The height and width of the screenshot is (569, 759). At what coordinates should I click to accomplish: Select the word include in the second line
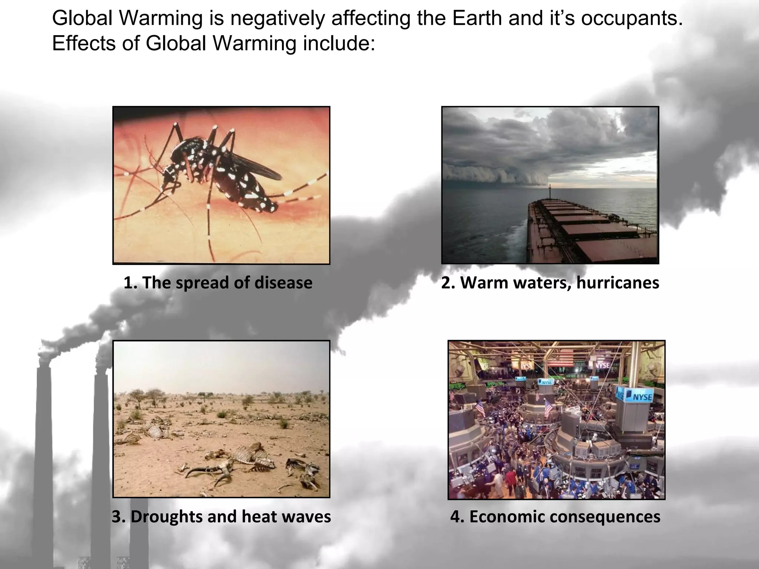339,43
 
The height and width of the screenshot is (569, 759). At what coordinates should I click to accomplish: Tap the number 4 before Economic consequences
455,517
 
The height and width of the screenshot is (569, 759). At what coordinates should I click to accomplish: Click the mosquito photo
221,185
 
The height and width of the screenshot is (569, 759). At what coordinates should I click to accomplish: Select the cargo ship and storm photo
550,185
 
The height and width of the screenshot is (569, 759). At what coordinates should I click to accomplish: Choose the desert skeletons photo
221,419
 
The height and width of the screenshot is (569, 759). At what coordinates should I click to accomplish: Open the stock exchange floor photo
556,420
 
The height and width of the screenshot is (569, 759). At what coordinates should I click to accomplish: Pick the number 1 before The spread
128,283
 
